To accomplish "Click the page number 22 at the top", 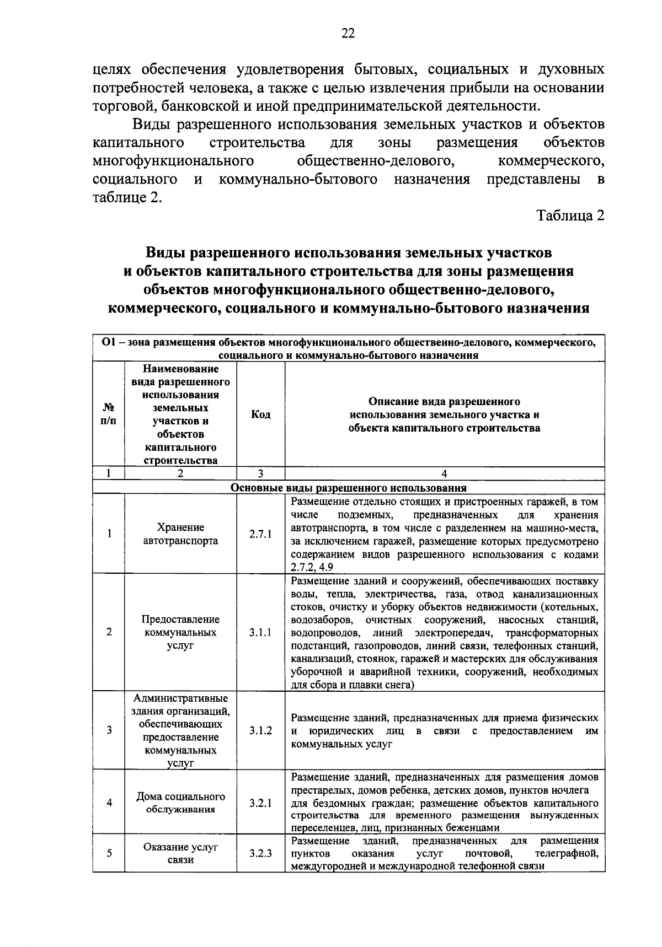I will [348, 34].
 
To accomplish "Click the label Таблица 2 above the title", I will [571, 216].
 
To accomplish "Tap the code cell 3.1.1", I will [260, 632].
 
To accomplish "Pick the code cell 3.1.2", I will [260, 730].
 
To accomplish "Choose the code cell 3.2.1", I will [260, 803].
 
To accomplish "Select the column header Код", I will [260, 415].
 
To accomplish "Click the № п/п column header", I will [109, 415].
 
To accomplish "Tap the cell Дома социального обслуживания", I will [180, 803].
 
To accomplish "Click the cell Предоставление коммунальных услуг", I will [180, 632].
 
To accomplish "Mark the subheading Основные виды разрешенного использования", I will [348, 488].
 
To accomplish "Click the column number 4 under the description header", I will [445, 473].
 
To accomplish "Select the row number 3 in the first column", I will [109, 730].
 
